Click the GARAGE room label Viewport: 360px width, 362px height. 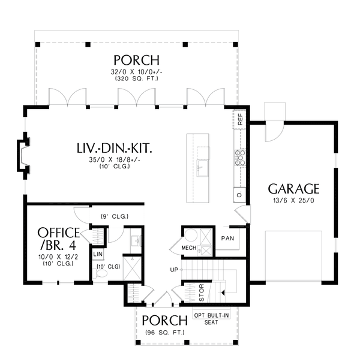coord(293,189)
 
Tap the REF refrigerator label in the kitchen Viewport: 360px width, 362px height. coord(240,119)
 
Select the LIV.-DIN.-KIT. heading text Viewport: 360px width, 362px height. coord(115,148)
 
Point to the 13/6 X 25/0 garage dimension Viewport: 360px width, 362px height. coord(293,201)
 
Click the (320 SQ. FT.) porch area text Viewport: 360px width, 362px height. coord(137,79)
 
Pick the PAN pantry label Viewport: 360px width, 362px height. coord(227,239)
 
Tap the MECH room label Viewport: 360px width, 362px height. coord(189,248)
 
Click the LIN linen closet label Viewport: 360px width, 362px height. coord(98,254)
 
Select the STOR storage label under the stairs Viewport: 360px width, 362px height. coord(202,292)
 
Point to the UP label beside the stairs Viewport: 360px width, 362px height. coord(174,270)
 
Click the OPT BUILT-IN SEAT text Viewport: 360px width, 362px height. coord(211,319)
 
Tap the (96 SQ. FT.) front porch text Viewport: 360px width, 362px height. coord(165,333)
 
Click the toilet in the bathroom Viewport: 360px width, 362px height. coord(100,273)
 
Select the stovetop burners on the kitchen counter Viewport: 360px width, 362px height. coord(240,158)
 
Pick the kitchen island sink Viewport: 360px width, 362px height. coord(202,168)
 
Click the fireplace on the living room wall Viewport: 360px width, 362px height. coord(23,156)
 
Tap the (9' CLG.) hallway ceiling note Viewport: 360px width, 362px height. coord(115,216)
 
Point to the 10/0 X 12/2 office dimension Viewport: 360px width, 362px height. coord(58,257)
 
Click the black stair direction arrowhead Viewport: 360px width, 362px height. coord(223,292)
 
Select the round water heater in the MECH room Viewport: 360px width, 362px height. coord(191,235)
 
